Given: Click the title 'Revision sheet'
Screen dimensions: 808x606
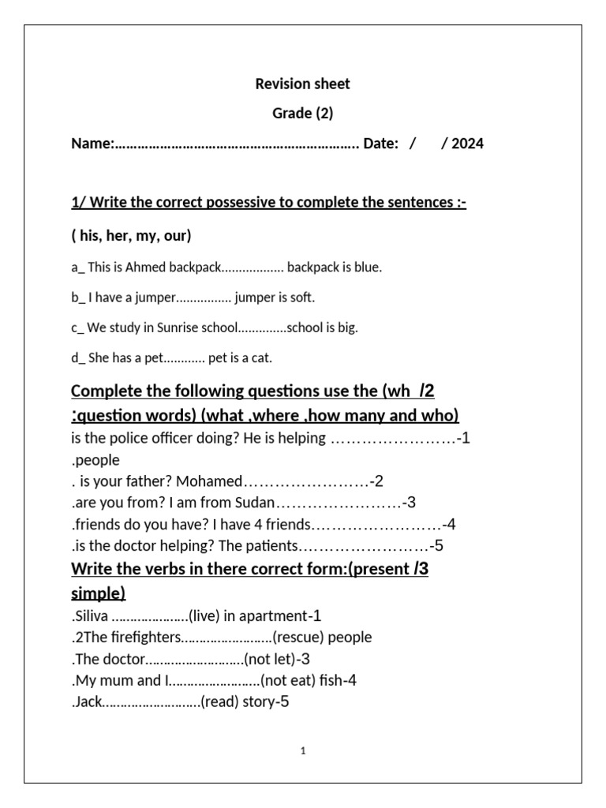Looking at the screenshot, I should click(x=303, y=84).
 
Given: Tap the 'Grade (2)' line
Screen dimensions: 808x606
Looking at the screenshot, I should click(x=303, y=113).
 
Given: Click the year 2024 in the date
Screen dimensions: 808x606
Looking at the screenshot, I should click(x=468, y=144).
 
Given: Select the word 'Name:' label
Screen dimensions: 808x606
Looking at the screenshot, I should click(x=93, y=144).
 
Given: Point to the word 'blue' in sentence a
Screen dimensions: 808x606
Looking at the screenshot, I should click(x=367, y=267).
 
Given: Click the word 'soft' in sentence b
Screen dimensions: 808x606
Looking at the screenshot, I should click(x=303, y=297).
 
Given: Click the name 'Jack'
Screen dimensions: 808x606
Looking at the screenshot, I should click(x=88, y=701).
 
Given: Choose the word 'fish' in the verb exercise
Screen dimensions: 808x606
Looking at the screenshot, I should click(x=331, y=680).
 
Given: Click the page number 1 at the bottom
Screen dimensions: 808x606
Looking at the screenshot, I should click(x=303, y=751).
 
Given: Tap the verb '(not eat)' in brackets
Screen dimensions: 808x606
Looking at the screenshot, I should click(x=288, y=680).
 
